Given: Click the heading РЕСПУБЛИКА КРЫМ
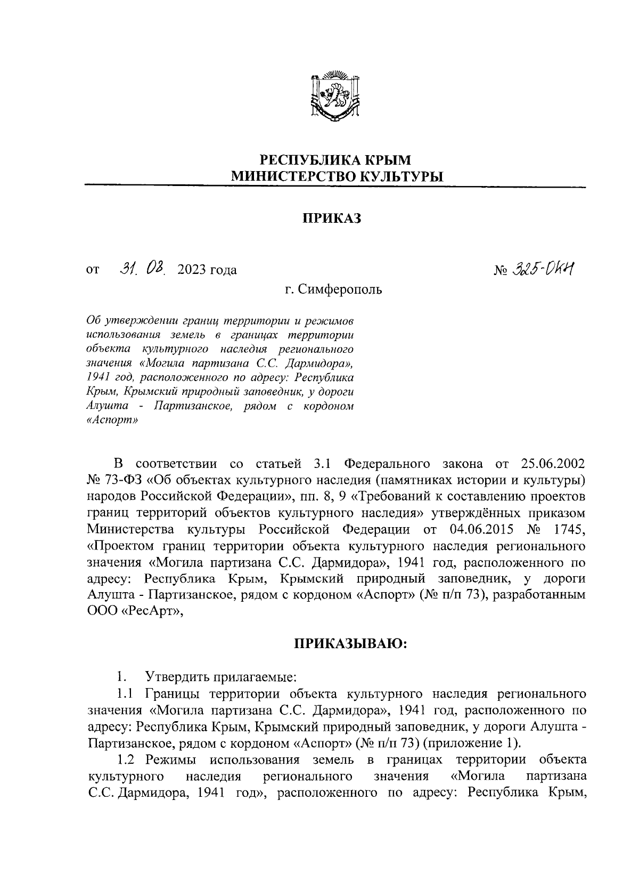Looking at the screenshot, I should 335,159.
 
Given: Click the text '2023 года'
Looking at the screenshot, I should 208,270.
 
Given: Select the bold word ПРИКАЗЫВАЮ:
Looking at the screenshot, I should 351,644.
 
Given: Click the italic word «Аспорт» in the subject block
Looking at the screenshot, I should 111,419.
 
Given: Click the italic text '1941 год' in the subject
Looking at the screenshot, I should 107,377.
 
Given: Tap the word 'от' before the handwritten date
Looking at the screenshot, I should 93,271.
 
